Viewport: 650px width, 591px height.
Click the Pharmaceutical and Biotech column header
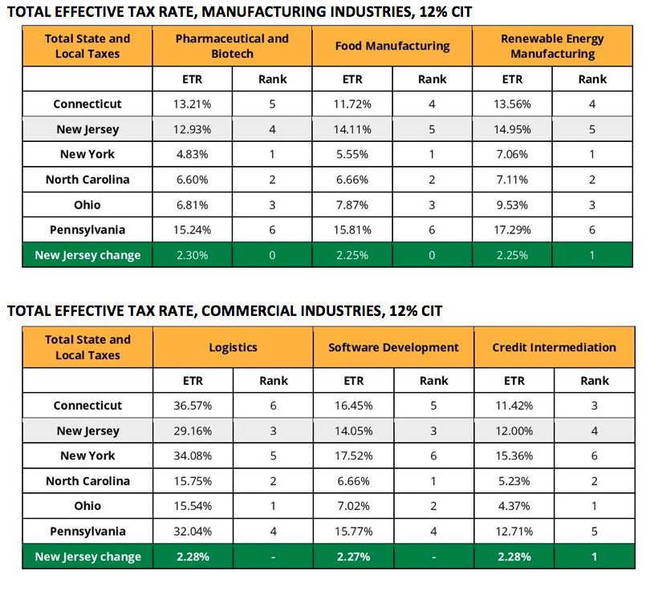pyautogui.click(x=232, y=46)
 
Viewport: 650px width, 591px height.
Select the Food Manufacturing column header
pyautogui.click(x=392, y=46)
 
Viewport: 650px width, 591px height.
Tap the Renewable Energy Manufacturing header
pyautogui.click(x=553, y=46)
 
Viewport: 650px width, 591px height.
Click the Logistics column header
pyautogui.click(x=233, y=347)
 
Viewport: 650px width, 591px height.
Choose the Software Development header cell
pyautogui.click(x=393, y=347)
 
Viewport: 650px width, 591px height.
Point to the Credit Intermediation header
pyautogui.click(x=555, y=347)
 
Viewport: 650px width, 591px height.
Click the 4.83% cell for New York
pyautogui.click(x=193, y=155)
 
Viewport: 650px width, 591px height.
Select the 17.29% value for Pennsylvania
pyautogui.click(x=512, y=230)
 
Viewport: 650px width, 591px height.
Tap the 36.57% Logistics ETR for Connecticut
pyautogui.click(x=193, y=406)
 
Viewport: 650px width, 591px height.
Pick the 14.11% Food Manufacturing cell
pyautogui.click(x=352, y=130)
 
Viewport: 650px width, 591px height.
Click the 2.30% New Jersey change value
pyautogui.click(x=193, y=255)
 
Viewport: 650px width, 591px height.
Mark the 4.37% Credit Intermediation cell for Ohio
pyautogui.click(x=514, y=506)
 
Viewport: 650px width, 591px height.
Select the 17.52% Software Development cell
pyautogui.click(x=354, y=456)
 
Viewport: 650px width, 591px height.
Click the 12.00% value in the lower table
pyautogui.click(x=514, y=431)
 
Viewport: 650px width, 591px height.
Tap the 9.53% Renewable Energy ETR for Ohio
pyautogui.click(x=512, y=205)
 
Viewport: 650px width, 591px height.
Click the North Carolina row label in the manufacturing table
pyautogui.click(x=87, y=180)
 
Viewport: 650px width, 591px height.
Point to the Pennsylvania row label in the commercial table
pyautogui.click(x=88, y=532)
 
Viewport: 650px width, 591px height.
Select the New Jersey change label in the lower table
pyautogui.click(x=88, y=557)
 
